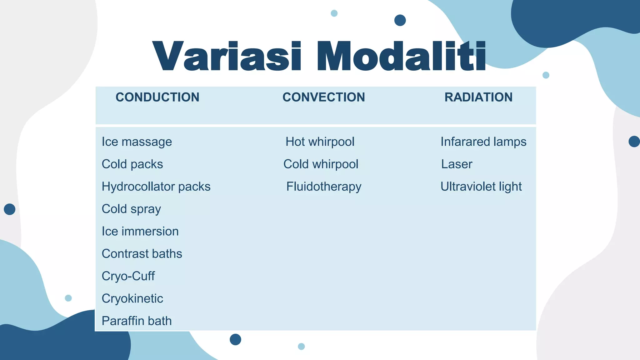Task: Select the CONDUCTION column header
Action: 157,97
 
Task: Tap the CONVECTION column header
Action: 324,97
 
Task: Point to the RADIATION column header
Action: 478,97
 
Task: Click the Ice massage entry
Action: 137,142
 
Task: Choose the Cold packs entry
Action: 132,164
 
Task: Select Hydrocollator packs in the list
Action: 156,187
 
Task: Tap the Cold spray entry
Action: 131,209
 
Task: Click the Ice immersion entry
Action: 140,232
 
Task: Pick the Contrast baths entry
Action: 142,254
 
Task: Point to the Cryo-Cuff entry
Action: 128,276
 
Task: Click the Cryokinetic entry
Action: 132,299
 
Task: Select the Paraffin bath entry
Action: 137,321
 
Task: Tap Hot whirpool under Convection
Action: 320,142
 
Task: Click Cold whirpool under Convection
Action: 321,164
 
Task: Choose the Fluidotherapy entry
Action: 324,187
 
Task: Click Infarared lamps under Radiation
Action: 483,142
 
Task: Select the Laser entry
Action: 457,164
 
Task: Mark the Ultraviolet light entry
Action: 481,187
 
